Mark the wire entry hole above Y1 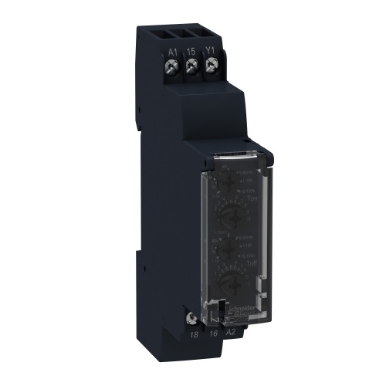pyautogui.click(x=209, y=32)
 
